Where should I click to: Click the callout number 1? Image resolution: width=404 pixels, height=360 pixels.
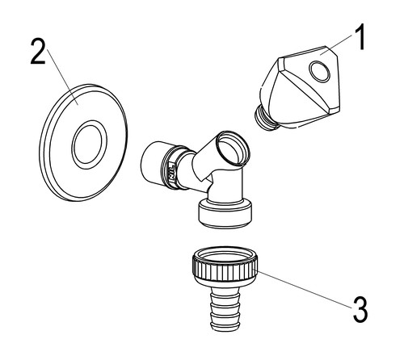(x=359, y=37)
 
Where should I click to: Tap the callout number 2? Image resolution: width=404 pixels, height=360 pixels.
(x=38, y=51)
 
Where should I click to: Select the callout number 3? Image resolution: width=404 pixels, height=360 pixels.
(x=360, y=309)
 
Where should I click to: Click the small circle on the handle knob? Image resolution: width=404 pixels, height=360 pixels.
(x=319, y=71)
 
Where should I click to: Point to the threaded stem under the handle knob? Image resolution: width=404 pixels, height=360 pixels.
(x=266, y=119)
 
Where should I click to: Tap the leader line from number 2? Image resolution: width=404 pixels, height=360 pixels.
(x=63, y=77)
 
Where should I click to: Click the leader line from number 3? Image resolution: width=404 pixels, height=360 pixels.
(x=302, y=288)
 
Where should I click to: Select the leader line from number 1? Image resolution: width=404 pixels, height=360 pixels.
(x=337, y=44)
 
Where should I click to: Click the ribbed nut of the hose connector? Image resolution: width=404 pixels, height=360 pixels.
(x=225, y=268)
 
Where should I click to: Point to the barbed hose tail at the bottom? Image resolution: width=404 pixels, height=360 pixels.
(x=225, y=308)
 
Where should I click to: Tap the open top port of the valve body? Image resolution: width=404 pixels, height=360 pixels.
(x=234, y=148)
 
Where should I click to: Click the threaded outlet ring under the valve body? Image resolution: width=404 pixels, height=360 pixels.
(x=225, y=215)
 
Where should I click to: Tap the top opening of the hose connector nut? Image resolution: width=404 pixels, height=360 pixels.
(x=225, y=254)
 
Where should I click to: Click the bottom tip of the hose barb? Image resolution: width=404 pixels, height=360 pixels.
(x=225, y=330)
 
